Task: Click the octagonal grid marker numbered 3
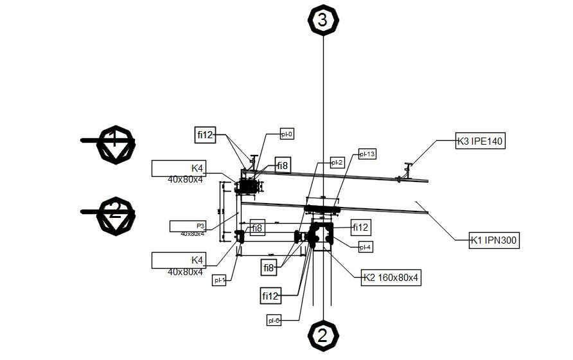coord(322,20)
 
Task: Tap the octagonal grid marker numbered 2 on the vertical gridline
coord(322,335)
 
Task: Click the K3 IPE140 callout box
coord(480,141)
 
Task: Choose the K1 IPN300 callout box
coord(494,241)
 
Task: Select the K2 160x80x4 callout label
coord(391,278)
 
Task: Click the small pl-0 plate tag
coord(286,134)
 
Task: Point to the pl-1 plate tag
coord(220,280)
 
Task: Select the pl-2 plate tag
coord(337,163)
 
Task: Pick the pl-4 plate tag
coord(366,246)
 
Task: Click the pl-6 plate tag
coord(274,319)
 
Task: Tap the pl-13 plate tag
coord(367,154)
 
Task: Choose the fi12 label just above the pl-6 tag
coord(270,296)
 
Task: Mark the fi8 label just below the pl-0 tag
coord(283,165)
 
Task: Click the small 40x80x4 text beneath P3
coord(192,234)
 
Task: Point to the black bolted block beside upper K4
coord(248,187)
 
